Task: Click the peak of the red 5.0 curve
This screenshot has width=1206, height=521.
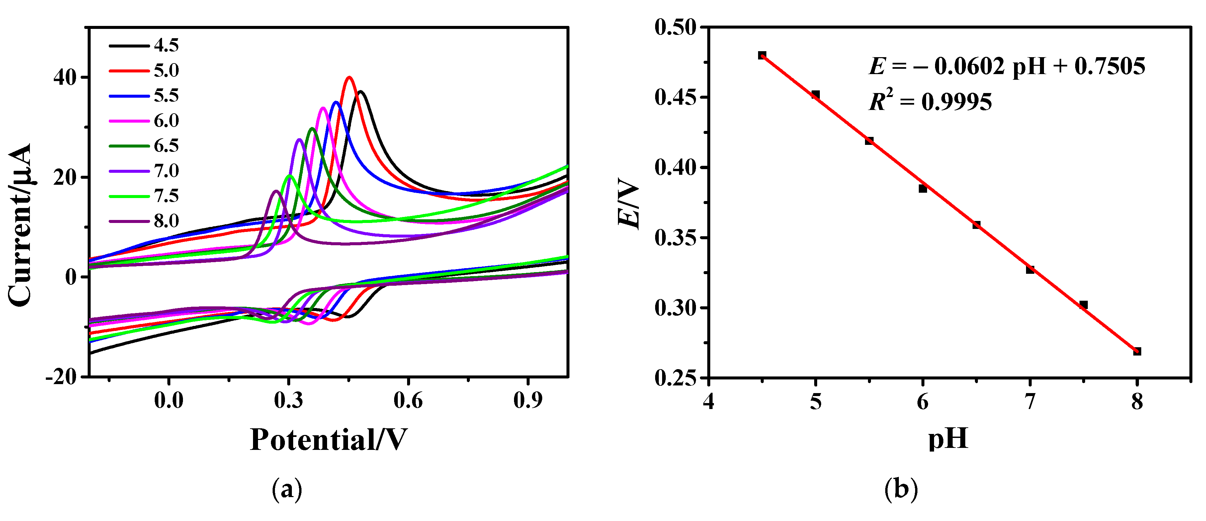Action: pos(349,78)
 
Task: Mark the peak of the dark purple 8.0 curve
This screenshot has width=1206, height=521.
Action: pos(276,191)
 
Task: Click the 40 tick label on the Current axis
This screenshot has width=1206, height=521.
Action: pos(65,77)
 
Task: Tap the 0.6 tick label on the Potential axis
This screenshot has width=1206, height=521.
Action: pos(408,401)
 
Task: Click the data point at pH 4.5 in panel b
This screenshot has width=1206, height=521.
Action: pos(762,55)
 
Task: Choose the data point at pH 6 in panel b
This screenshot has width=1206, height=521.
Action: pos(923,189)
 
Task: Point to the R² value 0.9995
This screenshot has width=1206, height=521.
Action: pos(957,102)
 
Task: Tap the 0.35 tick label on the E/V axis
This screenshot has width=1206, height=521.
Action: pos(676,238)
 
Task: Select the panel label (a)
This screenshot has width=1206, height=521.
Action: pos(287,490)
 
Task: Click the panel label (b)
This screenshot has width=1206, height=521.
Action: pos(901,490)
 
